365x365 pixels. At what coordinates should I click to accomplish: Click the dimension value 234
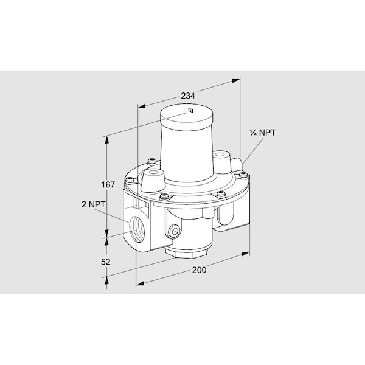tap(188, 96)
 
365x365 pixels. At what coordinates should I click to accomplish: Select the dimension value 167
tap(108, 184)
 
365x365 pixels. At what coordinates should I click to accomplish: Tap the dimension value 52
tap(105, 262)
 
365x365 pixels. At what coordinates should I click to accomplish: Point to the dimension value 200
tap(199, 270)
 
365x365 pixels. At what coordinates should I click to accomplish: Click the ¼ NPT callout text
tap(263, 133)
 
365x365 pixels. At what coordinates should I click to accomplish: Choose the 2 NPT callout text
tap(93, 204)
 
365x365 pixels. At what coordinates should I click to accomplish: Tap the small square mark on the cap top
tap(191, 110)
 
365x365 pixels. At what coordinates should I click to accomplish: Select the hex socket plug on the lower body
tap(175, 231)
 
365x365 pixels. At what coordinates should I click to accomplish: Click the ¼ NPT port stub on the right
tap(237, 163)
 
